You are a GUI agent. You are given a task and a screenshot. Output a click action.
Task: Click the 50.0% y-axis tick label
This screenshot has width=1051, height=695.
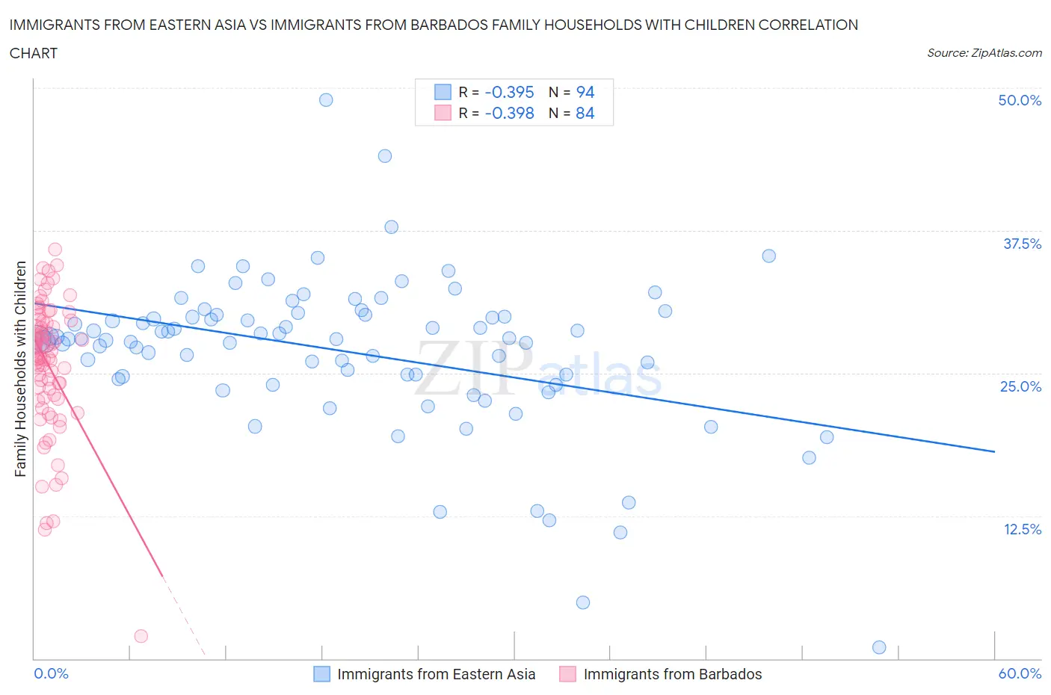coord(1020,100)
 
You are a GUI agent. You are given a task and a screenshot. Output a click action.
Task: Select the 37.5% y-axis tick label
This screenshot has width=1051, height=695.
coord(1021,244)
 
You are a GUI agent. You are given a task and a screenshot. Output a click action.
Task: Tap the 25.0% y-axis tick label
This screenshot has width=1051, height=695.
coord(1020,386)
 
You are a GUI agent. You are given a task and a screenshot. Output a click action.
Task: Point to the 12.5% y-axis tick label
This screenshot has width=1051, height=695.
coord(1021,529)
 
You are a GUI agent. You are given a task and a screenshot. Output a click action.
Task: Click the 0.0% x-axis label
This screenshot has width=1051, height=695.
coord(51,673)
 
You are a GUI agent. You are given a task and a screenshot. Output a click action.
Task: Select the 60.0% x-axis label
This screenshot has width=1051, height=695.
coord(1020,673)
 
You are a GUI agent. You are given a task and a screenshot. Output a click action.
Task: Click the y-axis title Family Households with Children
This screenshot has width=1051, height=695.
coord(20,368)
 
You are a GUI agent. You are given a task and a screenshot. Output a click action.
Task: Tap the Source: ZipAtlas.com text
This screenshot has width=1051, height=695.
coord(984,52)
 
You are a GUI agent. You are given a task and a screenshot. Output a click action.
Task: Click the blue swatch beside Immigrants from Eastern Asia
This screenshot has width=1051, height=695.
coord(321,674)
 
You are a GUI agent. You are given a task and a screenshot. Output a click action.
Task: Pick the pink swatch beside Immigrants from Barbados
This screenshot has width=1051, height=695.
coord(568,674)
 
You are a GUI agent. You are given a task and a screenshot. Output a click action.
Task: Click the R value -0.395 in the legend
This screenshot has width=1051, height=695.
coord(509,92)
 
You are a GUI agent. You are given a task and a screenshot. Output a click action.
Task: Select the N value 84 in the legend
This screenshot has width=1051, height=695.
coord(585,113)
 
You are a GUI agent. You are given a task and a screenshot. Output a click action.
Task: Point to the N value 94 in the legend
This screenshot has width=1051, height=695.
coord(585,92)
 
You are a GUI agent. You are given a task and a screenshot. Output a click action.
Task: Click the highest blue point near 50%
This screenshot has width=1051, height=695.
coord(326,99)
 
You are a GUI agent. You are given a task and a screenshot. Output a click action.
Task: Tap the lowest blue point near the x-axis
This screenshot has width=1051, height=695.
coord(879,647)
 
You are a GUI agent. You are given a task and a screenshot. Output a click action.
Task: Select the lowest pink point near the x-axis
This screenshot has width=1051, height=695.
coord(141,636)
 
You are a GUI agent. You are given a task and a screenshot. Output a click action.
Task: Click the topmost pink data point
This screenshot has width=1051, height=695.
coord(55,250)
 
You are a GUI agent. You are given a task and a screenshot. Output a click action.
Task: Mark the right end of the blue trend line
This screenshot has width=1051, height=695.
coord(994,451)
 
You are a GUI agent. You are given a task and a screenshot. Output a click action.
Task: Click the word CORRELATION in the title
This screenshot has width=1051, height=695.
coord(808,25)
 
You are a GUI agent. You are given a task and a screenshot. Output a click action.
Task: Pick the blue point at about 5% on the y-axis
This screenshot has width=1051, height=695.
coord(583,602)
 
